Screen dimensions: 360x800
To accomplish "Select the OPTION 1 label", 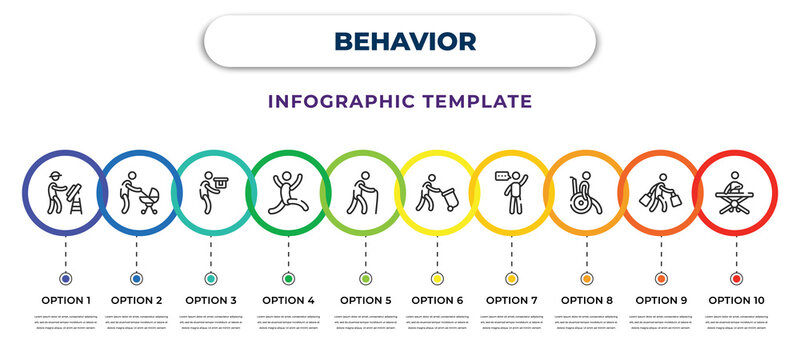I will point(65,299).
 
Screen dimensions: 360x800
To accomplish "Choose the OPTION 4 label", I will point(288,299).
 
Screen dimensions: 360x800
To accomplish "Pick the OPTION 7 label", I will point(511,299).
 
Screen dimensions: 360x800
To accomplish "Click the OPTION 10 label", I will point(736,299).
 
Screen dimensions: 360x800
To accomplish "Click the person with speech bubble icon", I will point(511,190).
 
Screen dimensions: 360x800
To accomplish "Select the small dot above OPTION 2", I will point(136,278).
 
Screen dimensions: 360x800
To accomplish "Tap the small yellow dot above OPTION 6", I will point(437,278).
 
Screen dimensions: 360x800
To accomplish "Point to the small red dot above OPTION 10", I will point(736,278).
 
